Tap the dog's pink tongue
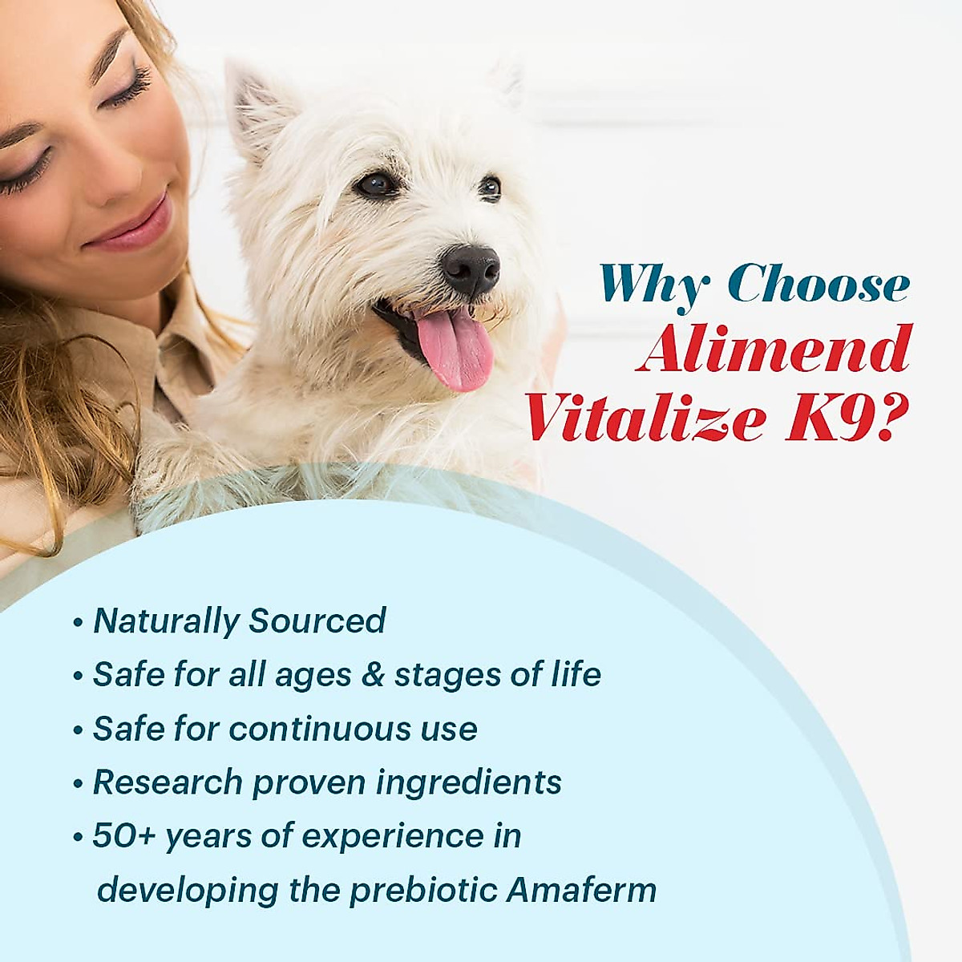[x=455, y=350]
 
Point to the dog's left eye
[x=490, y=188]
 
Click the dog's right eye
[x=375, y=184]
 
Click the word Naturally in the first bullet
[x=166, y=621]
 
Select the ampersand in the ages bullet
[x=373, y=675]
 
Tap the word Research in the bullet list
[x=168, y=782]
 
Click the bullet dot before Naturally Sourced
[x=78, y=623]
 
